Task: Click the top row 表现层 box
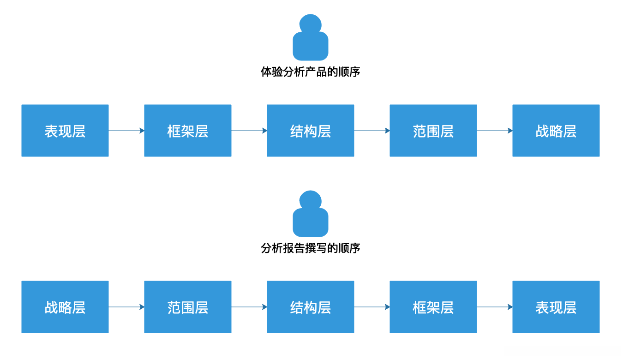click(x=65, y=131)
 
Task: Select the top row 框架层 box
click(x=188, y=131)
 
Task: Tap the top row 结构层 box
click(x=311, y=131)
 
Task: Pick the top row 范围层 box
click(x=433, y=131)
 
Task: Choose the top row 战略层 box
click(x=556, y=131)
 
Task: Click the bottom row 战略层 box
click(x=65, y=307)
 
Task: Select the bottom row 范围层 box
click(x=188, y=307)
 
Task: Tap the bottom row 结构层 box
click(x=311, y=307)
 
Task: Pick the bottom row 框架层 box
click(x=433, y=307)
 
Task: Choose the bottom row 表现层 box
click(x=556, y=307)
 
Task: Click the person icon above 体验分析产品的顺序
click(x=311, y=38)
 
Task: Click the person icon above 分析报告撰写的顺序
click(x=311, y=214)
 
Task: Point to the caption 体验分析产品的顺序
click(x=311, y=72)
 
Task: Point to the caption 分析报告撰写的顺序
click(x=311, y=248)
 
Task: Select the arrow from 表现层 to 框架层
click(x=126, y=131)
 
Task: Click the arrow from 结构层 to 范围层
click(x=372, y=131)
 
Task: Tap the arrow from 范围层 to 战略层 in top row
click(x=495, y=131)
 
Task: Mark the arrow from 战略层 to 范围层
click(x=126, y=307)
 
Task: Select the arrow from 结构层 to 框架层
click(x=372, y=307)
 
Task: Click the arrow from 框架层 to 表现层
click(x=495, y=307)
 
